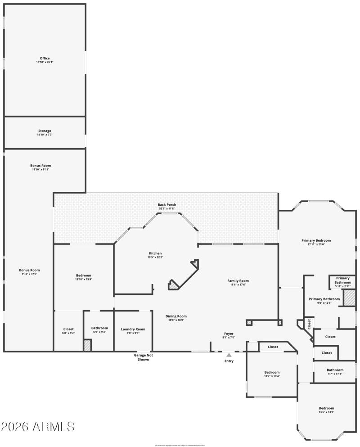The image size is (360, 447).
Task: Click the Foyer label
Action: pos(229,335)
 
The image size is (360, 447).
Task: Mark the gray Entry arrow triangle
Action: pos(229,355)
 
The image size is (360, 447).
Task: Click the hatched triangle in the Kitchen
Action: pos(173,285)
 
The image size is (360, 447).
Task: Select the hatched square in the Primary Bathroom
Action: pos(349,298)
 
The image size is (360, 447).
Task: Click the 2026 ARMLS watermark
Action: pos(38,426)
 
